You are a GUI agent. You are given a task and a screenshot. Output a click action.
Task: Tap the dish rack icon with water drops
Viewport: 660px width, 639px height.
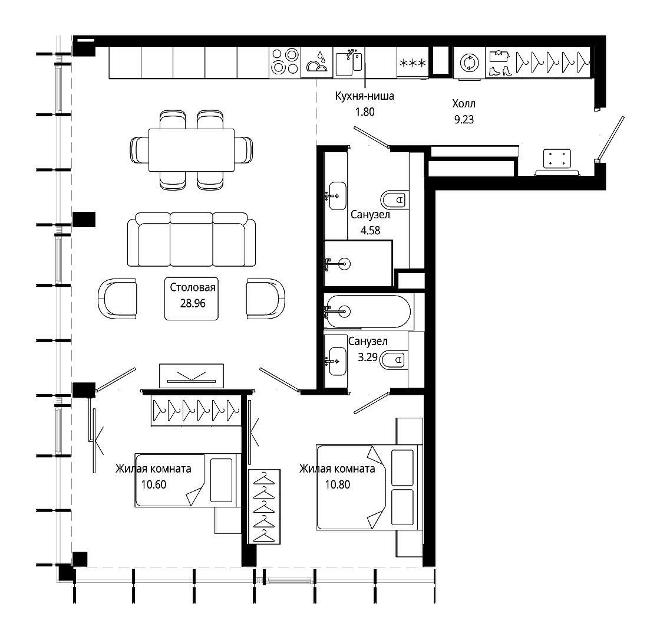pos(317,63)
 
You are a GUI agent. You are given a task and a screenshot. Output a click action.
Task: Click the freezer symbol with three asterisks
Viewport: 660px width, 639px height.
pos(412,64)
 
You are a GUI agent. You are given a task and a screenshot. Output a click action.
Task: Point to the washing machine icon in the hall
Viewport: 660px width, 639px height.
pos(469,63)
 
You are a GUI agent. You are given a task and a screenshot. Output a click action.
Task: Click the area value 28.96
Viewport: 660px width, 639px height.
pos(193,303)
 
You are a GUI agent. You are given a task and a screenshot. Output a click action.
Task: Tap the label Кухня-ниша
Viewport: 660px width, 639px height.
pos(365,96)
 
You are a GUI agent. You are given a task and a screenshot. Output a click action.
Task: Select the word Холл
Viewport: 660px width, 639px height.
pos(464,104)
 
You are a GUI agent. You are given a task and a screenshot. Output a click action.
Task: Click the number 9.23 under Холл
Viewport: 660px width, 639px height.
pos(464,120)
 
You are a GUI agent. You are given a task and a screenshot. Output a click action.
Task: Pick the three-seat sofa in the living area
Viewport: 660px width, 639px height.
pos(192,240)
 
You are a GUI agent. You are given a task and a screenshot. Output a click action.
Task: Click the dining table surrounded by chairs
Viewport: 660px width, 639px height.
pos(192,150)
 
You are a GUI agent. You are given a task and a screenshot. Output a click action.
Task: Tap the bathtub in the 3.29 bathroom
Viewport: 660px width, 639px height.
pos(368,312)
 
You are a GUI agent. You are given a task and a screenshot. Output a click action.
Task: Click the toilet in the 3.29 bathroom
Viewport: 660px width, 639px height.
pos(392,360)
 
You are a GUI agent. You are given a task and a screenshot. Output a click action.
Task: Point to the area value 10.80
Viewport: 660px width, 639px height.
pos(338,485)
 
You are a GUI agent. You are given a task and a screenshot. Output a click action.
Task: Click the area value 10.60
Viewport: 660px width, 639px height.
pos(154,485)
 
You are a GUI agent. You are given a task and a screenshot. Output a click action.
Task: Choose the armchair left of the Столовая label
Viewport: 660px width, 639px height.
pos(117,299)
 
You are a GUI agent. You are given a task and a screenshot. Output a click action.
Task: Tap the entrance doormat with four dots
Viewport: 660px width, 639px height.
pos(557,159)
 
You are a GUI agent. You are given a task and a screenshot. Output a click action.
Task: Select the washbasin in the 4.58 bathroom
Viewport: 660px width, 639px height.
pos(336,196)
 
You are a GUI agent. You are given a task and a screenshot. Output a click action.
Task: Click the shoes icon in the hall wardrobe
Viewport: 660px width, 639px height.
pos(500,71)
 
